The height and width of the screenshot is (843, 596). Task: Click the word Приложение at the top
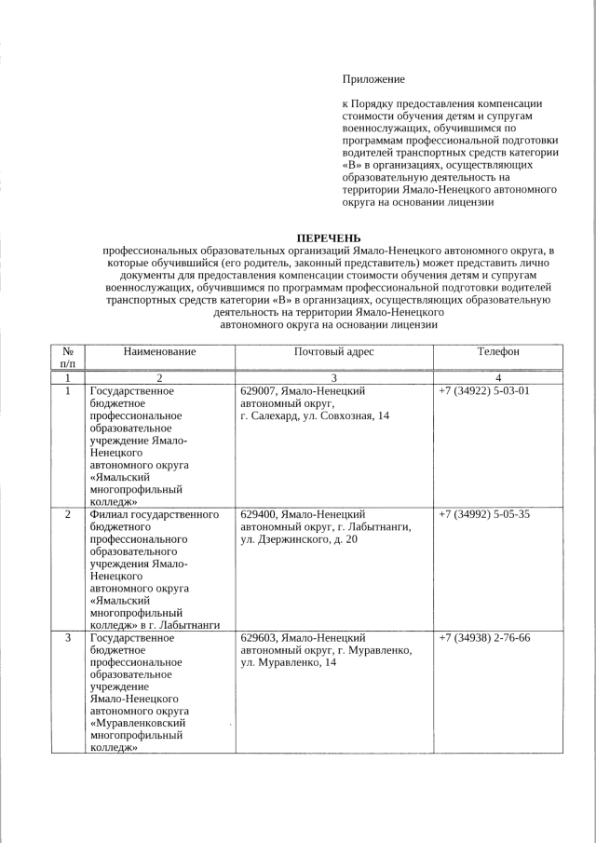374,79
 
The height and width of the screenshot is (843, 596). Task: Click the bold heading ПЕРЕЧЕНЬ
328,238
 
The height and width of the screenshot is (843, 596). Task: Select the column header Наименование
159,351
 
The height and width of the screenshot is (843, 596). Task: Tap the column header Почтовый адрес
333,351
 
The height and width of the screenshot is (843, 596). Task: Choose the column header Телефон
498,351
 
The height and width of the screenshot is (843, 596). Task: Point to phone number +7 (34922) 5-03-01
484,390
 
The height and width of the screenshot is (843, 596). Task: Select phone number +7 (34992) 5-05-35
484,513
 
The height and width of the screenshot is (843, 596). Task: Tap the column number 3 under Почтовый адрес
333,377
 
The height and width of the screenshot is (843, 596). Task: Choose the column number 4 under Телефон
498,377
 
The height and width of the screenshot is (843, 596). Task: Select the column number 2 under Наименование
159,377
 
